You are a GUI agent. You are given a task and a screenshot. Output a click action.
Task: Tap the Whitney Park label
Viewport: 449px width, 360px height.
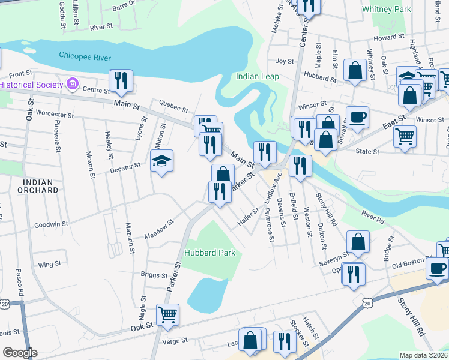(x=387, y=9)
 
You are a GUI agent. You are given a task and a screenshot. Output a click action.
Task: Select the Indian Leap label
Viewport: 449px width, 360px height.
(x=257, y=76)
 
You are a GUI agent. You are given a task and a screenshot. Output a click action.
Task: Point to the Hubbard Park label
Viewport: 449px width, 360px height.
(x=209, y=253)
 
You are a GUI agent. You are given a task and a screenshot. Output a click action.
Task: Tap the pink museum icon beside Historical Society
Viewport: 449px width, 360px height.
(x=73, y=84)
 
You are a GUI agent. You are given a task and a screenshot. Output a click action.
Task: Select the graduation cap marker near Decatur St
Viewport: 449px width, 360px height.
(x=161, y=161)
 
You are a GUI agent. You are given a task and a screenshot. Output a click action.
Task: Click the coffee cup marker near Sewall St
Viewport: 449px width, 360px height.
(x=357, y=118)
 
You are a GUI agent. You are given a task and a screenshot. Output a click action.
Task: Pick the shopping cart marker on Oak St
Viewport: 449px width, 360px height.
(x=167, y=313)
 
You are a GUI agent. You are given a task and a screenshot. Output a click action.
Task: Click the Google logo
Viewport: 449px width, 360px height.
(x=20, y=353)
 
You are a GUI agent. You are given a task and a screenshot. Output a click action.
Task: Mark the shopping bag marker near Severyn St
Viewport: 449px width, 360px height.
(x=358, y=242)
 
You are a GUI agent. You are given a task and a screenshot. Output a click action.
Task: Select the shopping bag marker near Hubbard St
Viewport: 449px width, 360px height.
(x=355, y=70)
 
